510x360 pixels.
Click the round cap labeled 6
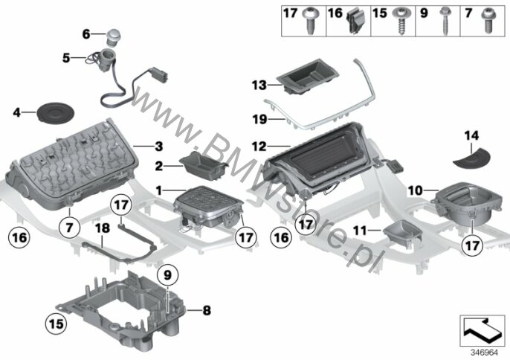tap(113, 37)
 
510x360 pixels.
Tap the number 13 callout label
tap(259, 86)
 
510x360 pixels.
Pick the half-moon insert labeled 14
tap(471, 159)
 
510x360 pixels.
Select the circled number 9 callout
tap(167, 275)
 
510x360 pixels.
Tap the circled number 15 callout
tap(56, 324)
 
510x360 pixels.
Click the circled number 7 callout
tap(69, 228)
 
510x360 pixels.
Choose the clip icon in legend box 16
tap(355, 21)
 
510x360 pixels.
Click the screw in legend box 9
tap(444, 21)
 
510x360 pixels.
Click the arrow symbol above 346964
tap(482, 330)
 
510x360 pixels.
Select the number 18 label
tap(102, 228)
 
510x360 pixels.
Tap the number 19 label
tap(259, 120)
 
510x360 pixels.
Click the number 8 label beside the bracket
tap(207, 310)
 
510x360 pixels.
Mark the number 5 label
tap(66, 58)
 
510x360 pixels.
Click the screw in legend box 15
tap(400, 21)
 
